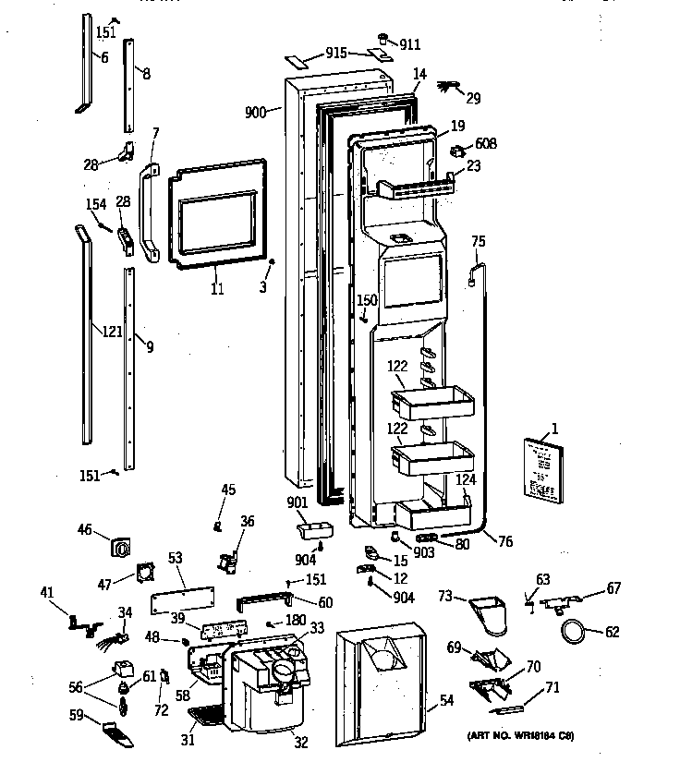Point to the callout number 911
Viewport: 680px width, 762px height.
410,42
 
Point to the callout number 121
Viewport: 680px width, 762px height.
112,332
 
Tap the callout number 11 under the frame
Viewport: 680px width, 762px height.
217,289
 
